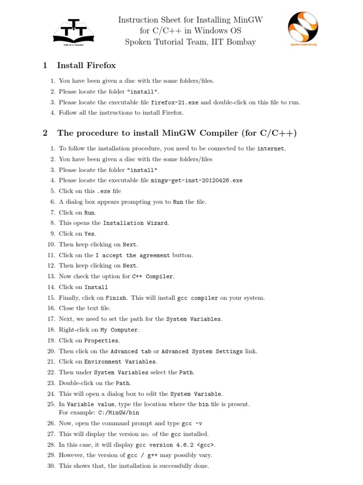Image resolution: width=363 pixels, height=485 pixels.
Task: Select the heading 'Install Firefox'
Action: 86,65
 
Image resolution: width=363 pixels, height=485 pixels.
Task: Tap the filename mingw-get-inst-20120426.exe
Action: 197,180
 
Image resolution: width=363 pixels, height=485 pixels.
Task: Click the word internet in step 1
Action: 271,149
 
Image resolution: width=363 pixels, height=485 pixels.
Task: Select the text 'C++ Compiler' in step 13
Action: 153,277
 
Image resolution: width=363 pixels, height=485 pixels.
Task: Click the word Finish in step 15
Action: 116,298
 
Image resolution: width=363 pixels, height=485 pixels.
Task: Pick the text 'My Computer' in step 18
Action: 119,330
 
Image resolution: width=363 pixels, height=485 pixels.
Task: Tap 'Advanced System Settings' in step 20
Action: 202,351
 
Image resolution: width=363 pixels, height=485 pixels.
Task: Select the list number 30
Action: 51,466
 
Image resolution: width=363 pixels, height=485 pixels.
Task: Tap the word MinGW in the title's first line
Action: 247,20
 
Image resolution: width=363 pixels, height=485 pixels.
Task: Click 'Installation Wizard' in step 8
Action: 135,223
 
